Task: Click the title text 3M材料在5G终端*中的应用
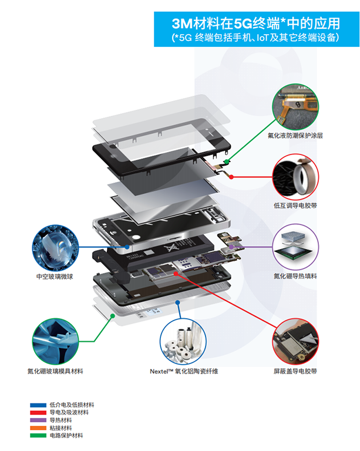(x=255, y=23)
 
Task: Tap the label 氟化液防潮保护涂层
(x=295, y=136)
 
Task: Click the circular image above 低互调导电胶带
(x=295, y=176)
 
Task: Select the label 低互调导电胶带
(x=295, y=206)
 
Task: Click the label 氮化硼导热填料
(x=295, y=276)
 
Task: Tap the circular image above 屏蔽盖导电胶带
(x=295, y=341)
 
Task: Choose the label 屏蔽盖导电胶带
(x=295, y=371)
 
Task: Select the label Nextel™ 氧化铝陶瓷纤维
(x=184, y=371)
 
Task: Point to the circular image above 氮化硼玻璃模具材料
(x=55, y=341)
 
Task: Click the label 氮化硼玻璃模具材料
(x=55, y=371)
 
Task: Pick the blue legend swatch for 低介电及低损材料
(x=38, y=405)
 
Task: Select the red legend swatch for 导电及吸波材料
(x=38, y=413)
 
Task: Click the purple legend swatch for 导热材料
(x=38, y=420)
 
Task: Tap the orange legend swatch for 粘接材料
(x=38, y=428)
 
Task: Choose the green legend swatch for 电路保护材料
(x=38, y=436)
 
